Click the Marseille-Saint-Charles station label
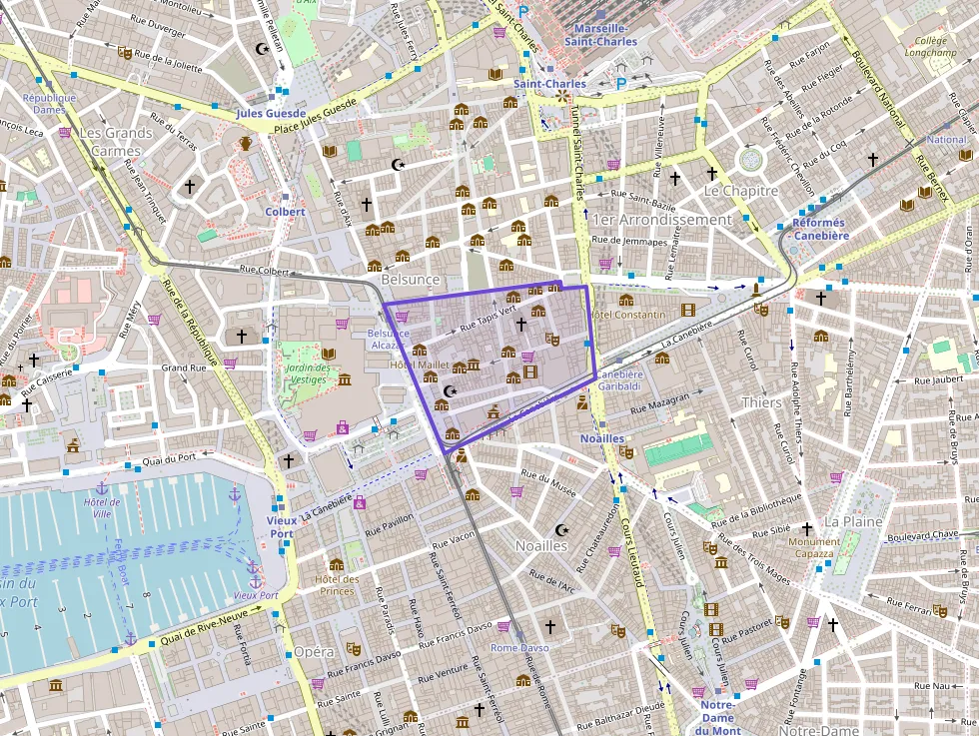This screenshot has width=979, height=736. pos(600,35)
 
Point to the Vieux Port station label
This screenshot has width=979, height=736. pos(282,527)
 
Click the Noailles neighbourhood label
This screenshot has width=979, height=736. pos(540,546)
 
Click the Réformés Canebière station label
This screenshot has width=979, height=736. pos(819,229)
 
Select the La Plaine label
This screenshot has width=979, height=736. pos(853,521)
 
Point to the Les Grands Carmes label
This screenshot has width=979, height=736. pos(116,142)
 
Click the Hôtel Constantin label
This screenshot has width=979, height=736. pos(628,316)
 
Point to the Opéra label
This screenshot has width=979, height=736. pos(314,652)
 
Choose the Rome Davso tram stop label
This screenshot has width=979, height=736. pos(519,648)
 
